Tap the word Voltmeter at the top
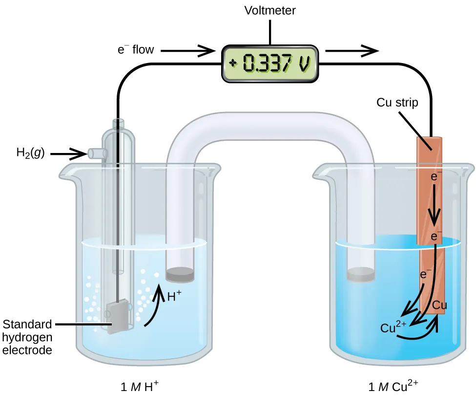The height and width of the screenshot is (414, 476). tap(270, 10)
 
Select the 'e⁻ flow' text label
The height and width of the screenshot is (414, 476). tap(136, 49)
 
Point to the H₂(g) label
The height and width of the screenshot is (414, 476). tap(30, 153)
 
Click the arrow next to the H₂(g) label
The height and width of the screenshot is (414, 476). tap(68, 154)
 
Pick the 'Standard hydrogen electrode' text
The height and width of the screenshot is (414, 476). tap(27, 337)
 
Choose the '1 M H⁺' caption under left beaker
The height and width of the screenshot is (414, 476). tap(140, 388)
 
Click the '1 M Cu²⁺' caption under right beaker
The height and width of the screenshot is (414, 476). tap(393, 388)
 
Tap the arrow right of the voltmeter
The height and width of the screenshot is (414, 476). tap(352, 50)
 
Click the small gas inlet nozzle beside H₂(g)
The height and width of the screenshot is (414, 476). tap(96, 153)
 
